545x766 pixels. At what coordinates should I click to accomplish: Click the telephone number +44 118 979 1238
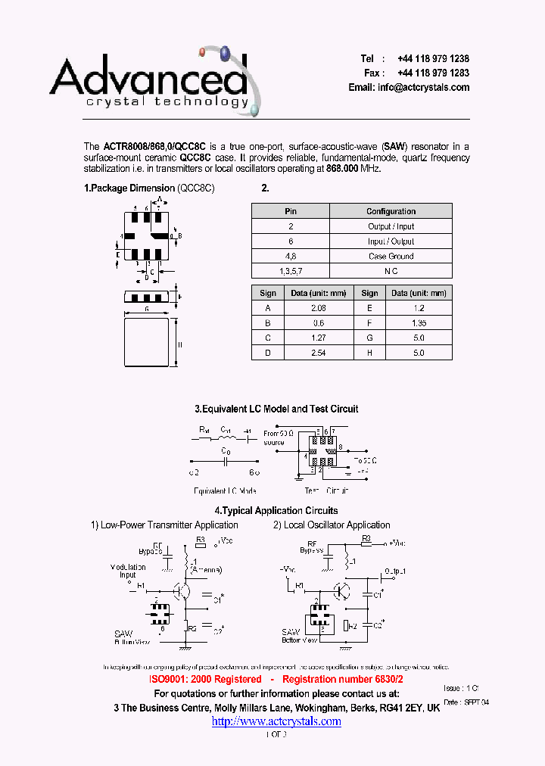click(x=428, y=59)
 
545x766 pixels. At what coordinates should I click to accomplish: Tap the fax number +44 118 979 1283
click(x=428, y=73)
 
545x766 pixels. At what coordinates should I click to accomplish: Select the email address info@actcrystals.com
click(x=424, y=88)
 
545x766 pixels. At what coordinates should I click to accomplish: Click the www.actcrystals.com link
click(x=276, y=721)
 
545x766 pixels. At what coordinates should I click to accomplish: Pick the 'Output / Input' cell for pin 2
click(x=391, y=226)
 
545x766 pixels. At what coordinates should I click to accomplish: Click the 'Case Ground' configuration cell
click(x=391, y=256)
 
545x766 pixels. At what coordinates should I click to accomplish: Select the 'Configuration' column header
click(x=391, y=211)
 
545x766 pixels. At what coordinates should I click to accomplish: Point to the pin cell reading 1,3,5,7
click(x=290, y=271)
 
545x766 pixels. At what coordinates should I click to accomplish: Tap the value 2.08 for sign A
click(x=319, y=308)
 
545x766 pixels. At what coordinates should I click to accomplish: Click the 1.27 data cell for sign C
click(x=319, y=338)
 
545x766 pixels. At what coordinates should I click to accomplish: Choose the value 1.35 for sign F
click(x=419, y=323)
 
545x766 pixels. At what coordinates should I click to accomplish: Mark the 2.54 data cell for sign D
click(x=319, y=353)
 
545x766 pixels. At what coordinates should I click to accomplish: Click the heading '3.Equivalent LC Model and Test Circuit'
click(x=276, y=409)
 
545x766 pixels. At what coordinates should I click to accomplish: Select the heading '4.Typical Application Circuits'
click(x=276, y=511)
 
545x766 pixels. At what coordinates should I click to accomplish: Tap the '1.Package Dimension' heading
click(x=129, y=188)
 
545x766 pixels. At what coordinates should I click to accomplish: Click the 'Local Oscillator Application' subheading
click(x=337, y=525)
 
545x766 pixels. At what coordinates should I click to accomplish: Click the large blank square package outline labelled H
click(x=146, y=344)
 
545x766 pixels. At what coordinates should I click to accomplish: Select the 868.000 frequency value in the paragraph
click(x=342, y=169)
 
